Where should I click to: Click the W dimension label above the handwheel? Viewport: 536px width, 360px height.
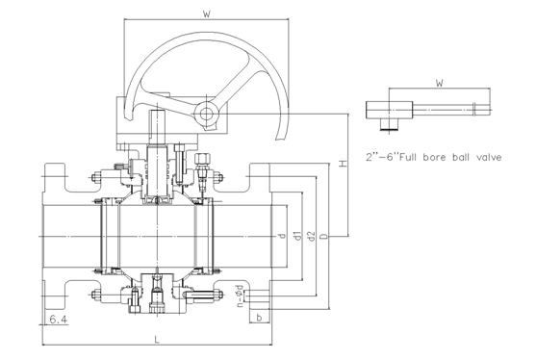207,14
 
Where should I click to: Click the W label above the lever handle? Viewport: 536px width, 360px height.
440,83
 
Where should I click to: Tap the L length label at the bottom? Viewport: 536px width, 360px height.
157,340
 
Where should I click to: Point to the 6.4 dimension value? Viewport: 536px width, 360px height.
59,320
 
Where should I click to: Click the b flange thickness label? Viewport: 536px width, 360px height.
259,318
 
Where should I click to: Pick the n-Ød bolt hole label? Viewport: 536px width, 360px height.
241,296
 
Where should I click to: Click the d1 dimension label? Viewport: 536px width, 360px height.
297,236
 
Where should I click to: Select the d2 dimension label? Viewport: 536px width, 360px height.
311,236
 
